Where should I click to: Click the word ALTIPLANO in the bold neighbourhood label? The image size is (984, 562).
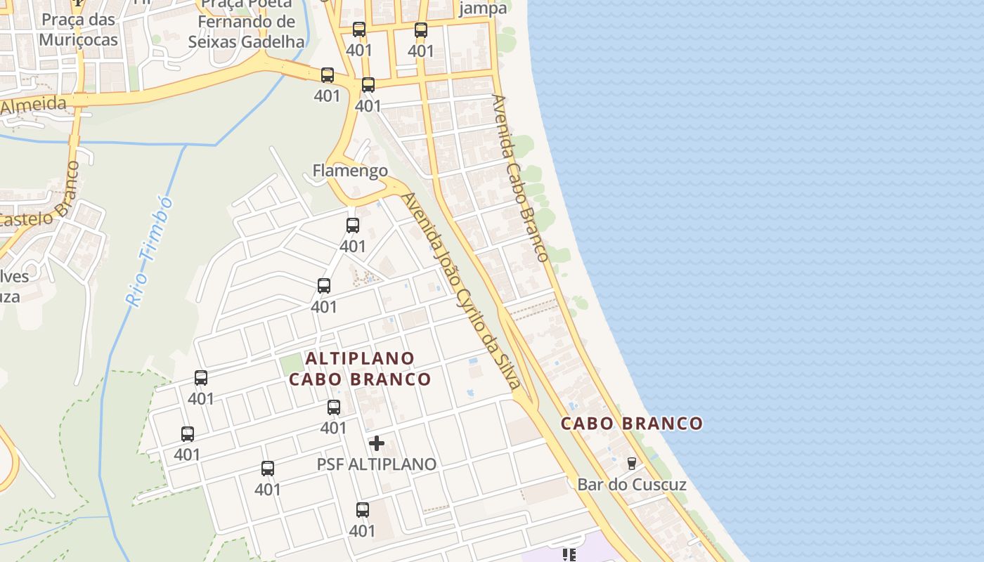pos(360,358)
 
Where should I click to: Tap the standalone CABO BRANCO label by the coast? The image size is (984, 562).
pos(631,423)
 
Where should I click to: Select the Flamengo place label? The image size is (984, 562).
pos(350,171)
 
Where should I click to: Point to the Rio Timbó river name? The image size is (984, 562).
pos(150,251)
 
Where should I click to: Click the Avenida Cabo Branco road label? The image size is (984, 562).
pos(519,178)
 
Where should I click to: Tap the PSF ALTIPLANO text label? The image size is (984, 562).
pos(376,464)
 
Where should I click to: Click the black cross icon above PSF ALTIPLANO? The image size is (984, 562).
pos(377,443)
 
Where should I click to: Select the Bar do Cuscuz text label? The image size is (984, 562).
pos(632,484)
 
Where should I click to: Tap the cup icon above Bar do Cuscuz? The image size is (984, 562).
pos(631,463)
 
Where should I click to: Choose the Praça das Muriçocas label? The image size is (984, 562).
pos(78,30)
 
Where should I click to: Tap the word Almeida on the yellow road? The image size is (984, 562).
pos(33,106)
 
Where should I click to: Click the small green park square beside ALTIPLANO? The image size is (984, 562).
pos(290,364)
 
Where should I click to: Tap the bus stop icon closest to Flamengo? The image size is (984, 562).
pos(353,226)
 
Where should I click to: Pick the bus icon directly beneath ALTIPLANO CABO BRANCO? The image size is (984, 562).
pos(334,407)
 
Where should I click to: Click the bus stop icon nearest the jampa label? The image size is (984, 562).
pos(421,30)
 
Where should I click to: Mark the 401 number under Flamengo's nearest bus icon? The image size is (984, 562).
pos(353,247)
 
